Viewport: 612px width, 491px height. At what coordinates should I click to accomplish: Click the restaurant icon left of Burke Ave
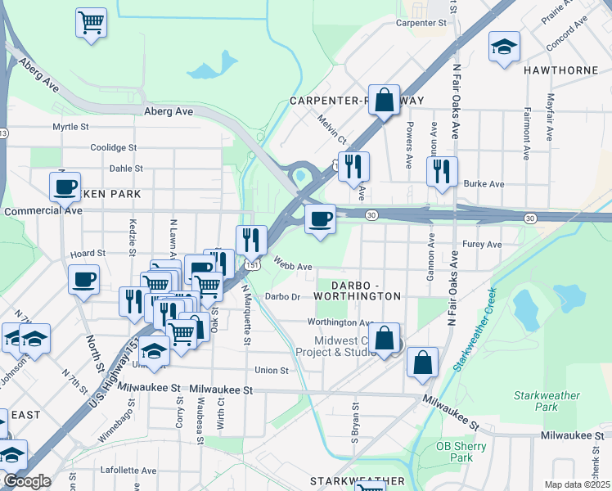click(442, 172)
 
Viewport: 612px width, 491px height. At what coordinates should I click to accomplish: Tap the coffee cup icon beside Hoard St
click(82, 280)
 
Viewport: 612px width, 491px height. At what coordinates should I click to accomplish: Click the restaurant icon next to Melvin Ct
click(353, 166)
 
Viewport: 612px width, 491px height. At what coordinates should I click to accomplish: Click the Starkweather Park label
click(547, 401)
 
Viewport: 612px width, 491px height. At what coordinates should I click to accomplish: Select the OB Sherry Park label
click(461, 452)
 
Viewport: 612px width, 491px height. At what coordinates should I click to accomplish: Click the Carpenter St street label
click(421, 24)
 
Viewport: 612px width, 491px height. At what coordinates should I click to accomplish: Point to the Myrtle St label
click(70, 127)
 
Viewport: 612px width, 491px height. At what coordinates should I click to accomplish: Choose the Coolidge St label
click(114, 147)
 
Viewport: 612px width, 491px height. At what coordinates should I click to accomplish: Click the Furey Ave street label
click(482, 245)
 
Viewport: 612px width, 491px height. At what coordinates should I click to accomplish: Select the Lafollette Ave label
click(128, 471)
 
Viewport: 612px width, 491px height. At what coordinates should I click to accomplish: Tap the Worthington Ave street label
click(340, 322)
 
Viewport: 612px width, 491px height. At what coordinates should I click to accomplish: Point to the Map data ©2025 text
click(577, 484)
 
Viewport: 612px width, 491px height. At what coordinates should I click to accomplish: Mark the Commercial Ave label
click(43, 210)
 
